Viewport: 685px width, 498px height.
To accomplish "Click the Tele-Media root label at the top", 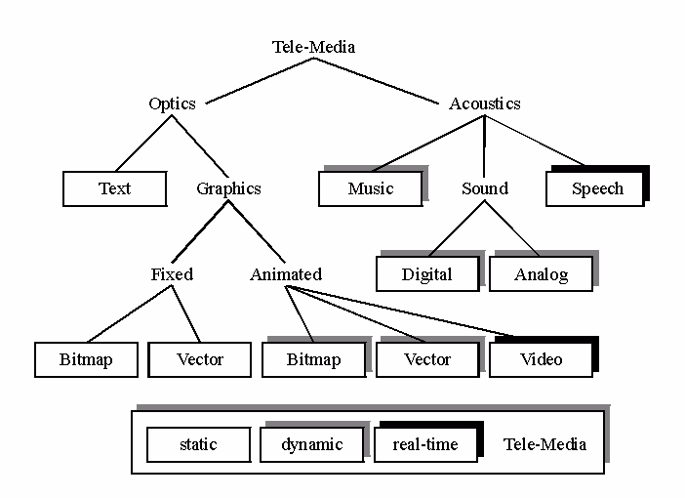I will pos(313,47).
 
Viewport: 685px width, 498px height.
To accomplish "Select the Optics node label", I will pos(172,104).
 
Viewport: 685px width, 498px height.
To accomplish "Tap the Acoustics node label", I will pos(484,104).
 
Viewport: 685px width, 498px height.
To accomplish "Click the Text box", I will pos(114,188).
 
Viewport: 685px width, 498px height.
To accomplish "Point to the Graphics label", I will pos(228,188).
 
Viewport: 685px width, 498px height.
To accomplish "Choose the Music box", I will pos(371,188).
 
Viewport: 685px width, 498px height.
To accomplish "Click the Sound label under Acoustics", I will pos(484,188).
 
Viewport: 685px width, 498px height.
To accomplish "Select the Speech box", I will pos(596,188).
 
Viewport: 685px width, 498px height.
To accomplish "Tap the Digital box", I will pos(427,274).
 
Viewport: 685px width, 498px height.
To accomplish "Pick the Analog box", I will pos(542,274).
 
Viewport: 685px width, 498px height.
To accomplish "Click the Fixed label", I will pos(172,274).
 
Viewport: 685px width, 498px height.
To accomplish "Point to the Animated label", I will pos(286,274).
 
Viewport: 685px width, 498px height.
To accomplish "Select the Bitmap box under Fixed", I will pos(86,359).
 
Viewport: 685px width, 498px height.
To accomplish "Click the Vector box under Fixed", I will pos(200,359).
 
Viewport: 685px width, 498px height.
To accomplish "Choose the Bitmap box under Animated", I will pos(313,359).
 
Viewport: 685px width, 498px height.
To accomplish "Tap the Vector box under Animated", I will pos(427,359).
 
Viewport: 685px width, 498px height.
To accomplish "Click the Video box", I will pos(542,359).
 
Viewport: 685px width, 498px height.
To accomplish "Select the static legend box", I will pos(198,444).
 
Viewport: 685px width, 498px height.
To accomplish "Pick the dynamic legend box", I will pos(312,444).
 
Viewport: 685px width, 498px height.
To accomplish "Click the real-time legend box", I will pos(426,444).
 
